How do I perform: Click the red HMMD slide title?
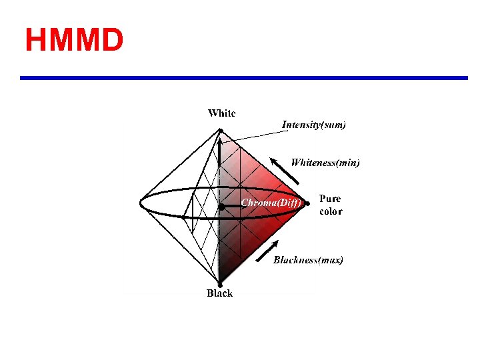coord(74,40)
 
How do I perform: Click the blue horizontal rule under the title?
coord(244,78)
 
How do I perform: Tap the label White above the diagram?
coord(221,113)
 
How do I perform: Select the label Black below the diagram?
coord(219,293)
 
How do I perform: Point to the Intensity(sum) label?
coord(313,125)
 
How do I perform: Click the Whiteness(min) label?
coord(325,163)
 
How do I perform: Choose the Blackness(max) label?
coord(308,260)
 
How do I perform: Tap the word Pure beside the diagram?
coord(330,199)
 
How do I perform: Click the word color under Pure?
coord(331,211)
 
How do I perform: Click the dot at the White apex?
coord(221,131)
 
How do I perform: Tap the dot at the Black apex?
coord(220,285)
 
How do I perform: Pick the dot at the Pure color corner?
coord(307,203)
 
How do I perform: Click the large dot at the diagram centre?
coord(221,207)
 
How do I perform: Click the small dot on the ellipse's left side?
coord(183,217)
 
